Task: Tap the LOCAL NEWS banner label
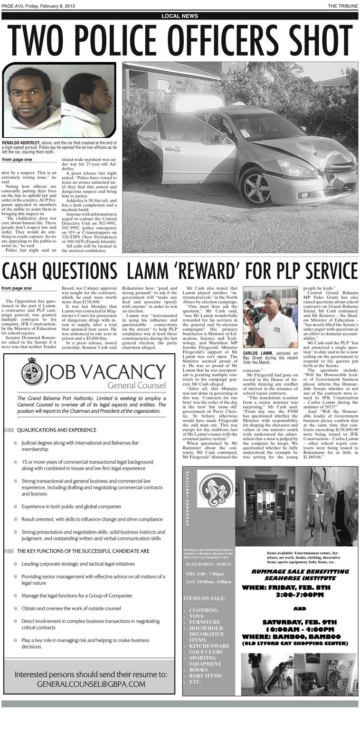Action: [x=180, y=16]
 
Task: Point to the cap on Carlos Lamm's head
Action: [x=273, y=298]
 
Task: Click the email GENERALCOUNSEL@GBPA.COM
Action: [x=90, y=684]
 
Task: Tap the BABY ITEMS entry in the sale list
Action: [x=205, y=676]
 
